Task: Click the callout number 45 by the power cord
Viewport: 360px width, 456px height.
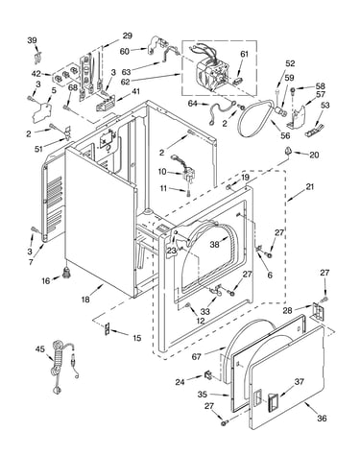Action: point(40,348)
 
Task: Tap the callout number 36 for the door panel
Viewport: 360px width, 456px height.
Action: point(322,418)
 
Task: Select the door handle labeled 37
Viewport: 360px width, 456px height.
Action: point(273,401)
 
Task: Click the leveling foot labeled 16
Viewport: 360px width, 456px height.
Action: point(67,274)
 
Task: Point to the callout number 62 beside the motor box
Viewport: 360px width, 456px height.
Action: point(126,82)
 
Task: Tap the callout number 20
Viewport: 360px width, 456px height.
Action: point(314,155)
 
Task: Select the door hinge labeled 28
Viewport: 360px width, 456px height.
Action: point(317,311)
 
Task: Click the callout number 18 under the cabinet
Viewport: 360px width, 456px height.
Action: point(85,300)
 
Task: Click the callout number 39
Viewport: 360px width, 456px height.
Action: point(32,40)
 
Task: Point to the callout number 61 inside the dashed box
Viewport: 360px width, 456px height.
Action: point(244,54)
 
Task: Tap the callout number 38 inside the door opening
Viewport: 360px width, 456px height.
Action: point(215,244)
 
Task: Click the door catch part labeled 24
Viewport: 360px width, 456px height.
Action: point(208,374)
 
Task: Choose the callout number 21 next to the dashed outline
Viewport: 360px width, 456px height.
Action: point(310,186)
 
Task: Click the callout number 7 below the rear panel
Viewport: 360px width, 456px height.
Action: point(31,262)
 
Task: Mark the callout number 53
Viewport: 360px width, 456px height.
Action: point(325,105)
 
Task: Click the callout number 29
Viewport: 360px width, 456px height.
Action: point(128,36)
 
